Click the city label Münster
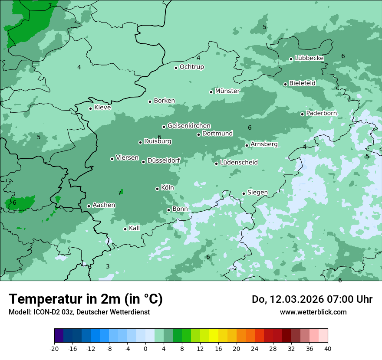coord(227,91)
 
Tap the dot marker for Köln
coord(158,189)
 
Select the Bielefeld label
coord(302,83)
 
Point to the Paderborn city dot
coord(303,114)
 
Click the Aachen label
coord(104,205)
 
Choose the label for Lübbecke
coord(309,58)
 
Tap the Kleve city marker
coord(91,108)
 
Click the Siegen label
coord(257,193)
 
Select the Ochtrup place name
coord(191,67)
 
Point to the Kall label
coord(134,228)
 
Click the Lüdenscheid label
coord(239,163)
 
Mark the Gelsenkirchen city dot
coord(164,127)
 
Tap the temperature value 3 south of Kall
coord(108,266)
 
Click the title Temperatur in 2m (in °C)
coord(86,299)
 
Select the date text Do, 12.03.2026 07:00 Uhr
coord(312,299)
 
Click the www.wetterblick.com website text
coord(313,312)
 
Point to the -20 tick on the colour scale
coord(54,348)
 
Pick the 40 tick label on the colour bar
coord(327,348)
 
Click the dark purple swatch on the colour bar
coord(59,336)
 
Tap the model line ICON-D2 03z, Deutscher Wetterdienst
coord(79,312)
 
